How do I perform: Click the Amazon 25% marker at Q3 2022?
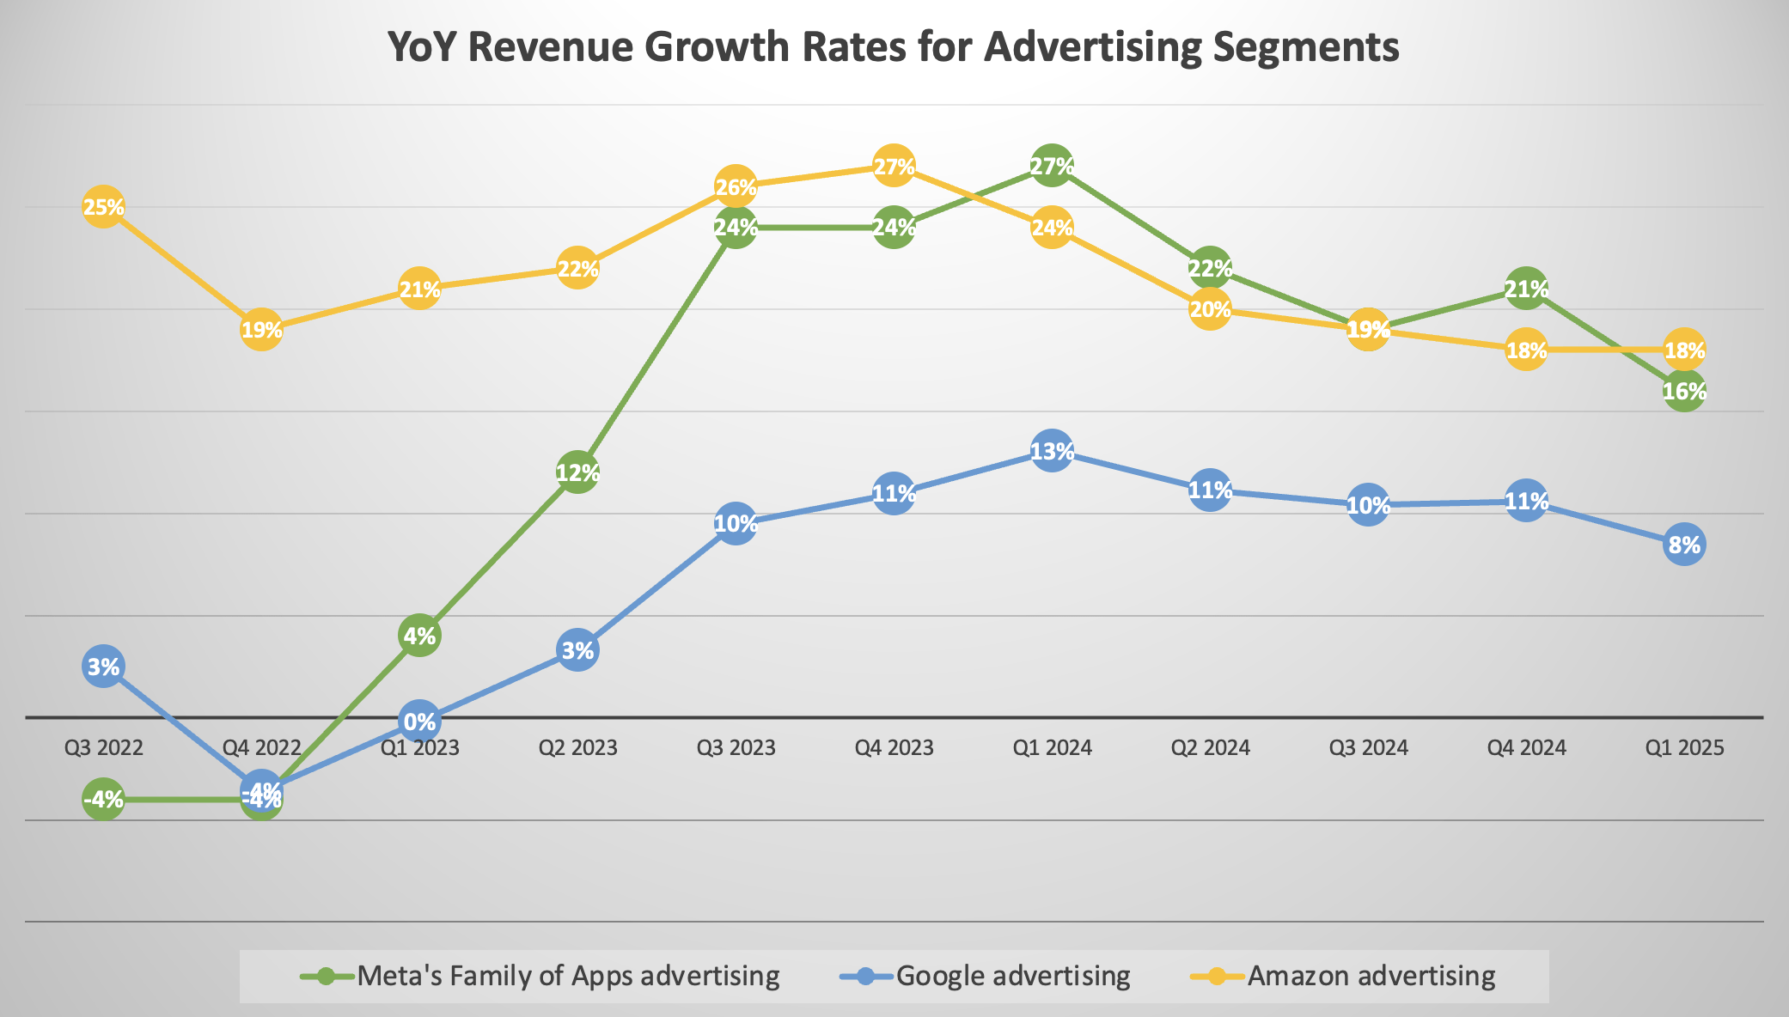(x=103, y=207)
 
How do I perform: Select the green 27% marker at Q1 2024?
(x=1052, y=166)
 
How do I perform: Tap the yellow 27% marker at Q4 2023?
(x=894, y=166)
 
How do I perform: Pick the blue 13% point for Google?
(x=1052, y=451)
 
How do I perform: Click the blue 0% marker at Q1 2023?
(x=419, y=721)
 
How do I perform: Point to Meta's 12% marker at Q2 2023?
(x=577, y=472)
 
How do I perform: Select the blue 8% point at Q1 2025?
(x=1684, y=545)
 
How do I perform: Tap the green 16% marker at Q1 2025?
(x=1684, y=392)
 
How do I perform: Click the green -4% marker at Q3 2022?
(x=103, y=800)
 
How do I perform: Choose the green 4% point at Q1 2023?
(x=419, y=636)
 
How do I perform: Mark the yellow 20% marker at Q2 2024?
(x=1210, y=309)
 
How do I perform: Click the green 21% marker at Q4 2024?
(x=1526, y=289)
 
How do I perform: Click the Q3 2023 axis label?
(x=736, y=747)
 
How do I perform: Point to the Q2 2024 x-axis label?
(x=1210, y=747)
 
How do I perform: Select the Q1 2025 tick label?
(x=1684, y=747)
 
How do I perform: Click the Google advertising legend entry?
(x=1012, y=976)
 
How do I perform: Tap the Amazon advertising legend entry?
(x=1371, y=976)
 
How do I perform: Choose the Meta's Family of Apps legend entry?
(x=567, y=976)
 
